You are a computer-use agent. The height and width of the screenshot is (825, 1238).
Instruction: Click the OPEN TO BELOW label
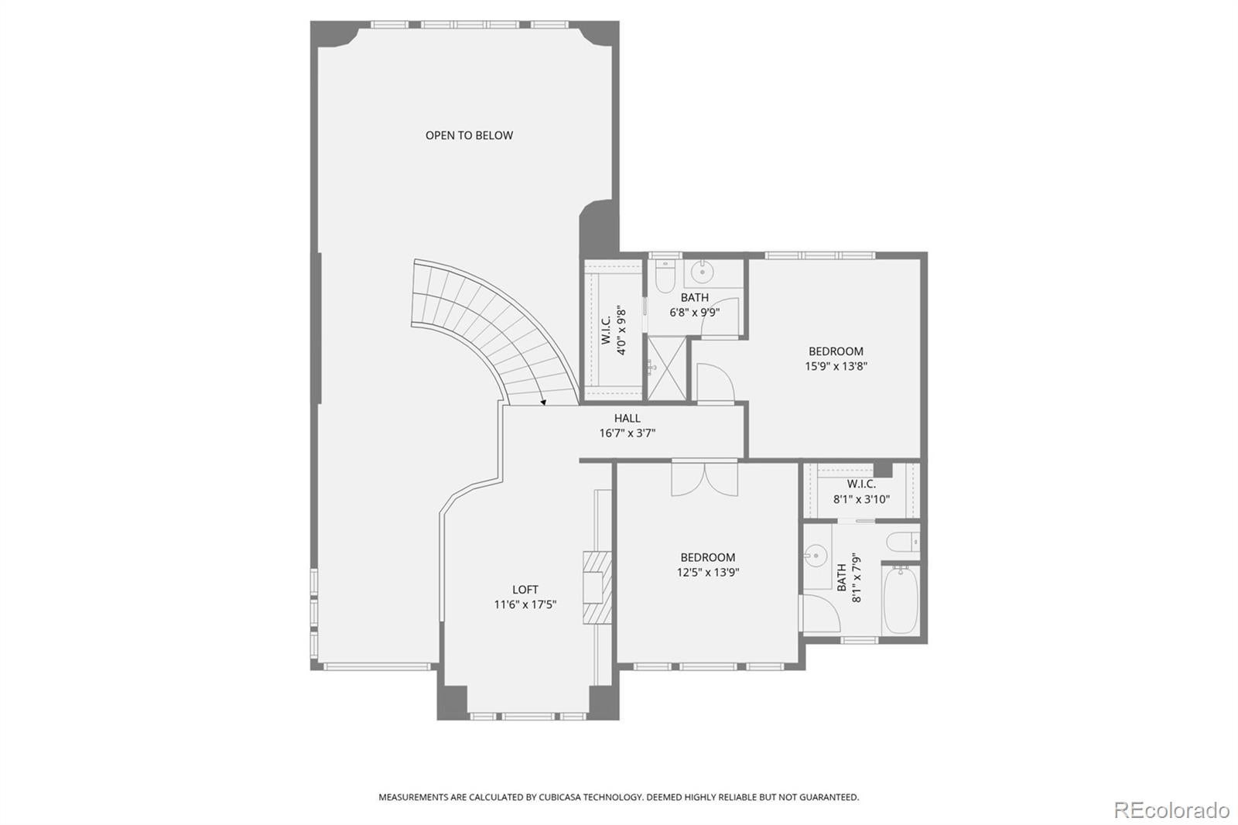click(469, 135)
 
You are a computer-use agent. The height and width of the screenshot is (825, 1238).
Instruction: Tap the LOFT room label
click(525, 590)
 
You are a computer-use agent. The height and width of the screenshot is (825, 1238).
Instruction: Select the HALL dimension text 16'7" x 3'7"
click(627, 433)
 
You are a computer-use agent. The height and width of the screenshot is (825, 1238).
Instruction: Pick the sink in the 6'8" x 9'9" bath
click(703, 272)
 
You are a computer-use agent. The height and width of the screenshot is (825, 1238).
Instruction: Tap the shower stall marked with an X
click(666, 368)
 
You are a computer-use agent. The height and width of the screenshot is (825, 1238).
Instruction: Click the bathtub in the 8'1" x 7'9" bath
click(900, 600)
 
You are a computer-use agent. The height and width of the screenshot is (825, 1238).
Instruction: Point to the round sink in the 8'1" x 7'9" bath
click(814, 556)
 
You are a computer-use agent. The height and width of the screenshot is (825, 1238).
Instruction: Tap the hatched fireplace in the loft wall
click(597, 586)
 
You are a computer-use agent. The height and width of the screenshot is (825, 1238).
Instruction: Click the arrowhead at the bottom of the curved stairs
click(543, 402)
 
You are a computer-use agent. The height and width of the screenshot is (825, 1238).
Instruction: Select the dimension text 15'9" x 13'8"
click(836, 367)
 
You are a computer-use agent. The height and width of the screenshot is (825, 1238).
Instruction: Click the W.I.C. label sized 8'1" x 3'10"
click(860, 484)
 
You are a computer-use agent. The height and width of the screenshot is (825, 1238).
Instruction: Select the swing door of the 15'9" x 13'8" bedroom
click(713, 383)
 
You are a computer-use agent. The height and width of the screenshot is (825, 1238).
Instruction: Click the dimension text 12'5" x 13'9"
click(707, 573)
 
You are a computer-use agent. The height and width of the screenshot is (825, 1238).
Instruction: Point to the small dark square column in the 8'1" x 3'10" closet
click(882, 470)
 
